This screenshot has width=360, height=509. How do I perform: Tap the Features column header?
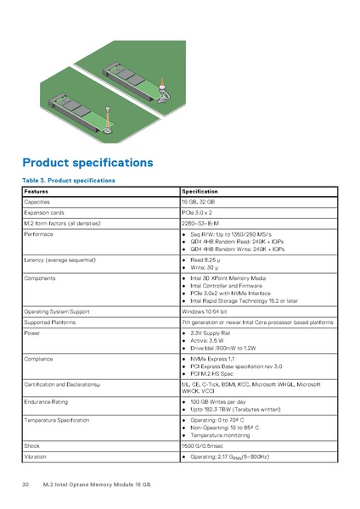click(x=37, y=192)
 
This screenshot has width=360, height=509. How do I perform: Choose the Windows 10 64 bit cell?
click(x=208, y=311)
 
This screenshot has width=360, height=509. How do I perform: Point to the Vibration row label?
click(x=36, y=457)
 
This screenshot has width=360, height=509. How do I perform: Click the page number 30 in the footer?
click(x=25, y=484)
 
